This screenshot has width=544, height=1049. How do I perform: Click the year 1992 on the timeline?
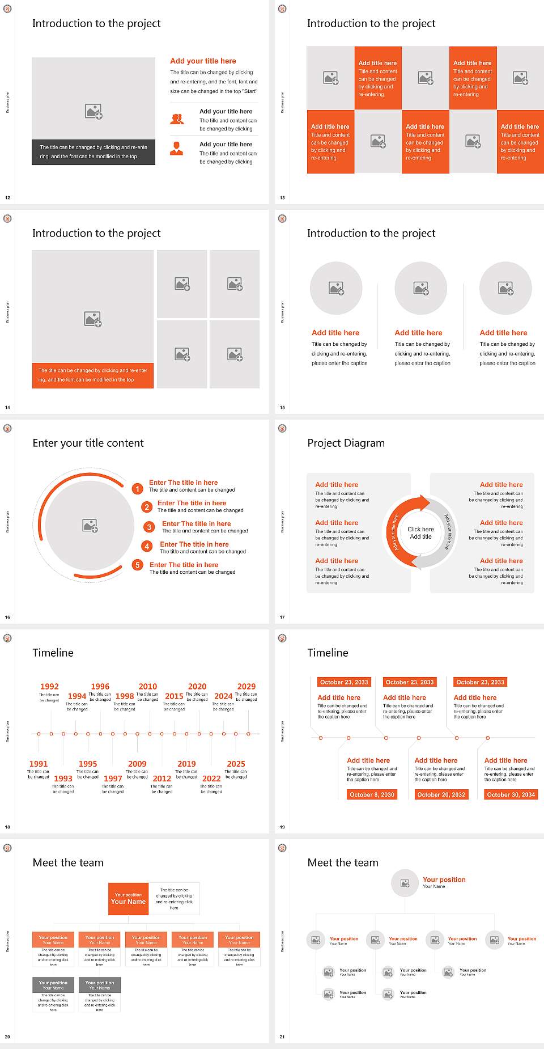(49, 687)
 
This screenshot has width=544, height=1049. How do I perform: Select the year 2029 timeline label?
(246, 687)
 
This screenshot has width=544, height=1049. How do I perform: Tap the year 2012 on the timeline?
(162, 779)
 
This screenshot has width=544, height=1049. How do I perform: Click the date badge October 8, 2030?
(372, 794)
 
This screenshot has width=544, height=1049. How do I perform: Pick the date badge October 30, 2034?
(511, 794)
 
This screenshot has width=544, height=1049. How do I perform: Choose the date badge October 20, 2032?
(441, 794)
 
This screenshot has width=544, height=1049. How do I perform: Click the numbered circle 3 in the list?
(149, 527)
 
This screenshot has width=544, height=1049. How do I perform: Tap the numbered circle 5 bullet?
(137, 565)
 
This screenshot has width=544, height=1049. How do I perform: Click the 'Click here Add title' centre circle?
(420, 532)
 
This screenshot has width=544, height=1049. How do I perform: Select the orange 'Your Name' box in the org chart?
(128, 899)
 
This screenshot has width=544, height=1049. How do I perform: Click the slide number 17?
(282, 617)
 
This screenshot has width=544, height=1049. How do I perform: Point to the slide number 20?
(7, 1037)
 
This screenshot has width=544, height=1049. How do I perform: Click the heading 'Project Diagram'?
(346, 443)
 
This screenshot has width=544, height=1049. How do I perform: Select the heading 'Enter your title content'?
(88, 443)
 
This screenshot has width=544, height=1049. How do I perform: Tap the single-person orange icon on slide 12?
(177, 149)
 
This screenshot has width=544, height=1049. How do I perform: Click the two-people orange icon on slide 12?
(177, 119)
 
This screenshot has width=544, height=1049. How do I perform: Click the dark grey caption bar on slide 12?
(93, 152)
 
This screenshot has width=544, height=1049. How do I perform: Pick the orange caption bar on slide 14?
(92, 375)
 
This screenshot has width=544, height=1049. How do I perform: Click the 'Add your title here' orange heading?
(203, 61)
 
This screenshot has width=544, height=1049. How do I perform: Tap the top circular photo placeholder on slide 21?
(405, 883)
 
